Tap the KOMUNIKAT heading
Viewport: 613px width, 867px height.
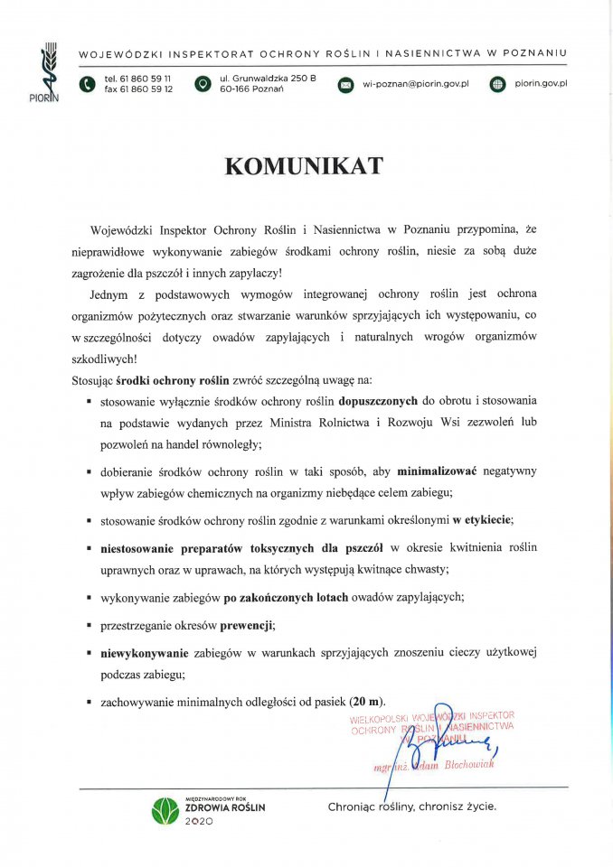coord(304,166)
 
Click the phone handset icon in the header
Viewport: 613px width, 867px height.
coord(87,85)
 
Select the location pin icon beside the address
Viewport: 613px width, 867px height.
coord(203,85)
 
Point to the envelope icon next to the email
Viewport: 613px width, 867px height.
coord(345,85)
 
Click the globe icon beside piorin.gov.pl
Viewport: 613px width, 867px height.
coord(496,85)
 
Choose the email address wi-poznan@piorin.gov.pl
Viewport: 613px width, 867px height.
coord(415,84)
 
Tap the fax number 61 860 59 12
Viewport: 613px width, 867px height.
coord(149,89)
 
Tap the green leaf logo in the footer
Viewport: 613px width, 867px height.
coord(166,810)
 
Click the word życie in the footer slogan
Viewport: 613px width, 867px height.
coord(478,806)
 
